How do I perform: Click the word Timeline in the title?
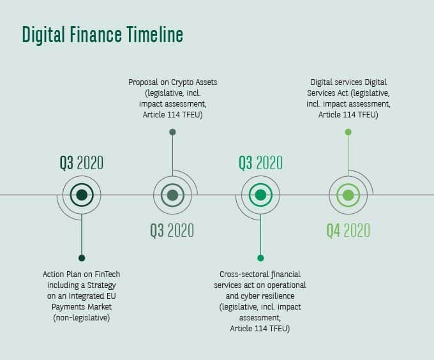pos(155,34)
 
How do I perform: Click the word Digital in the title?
pos(43,35)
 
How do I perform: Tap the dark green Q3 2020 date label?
pos(82,163)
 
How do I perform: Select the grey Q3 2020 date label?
pos(172,230)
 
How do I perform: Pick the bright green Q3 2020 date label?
pos(261,163)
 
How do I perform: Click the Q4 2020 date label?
pos(348,230)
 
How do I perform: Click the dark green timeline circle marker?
pos(82,195)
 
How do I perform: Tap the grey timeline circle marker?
pos(172,195)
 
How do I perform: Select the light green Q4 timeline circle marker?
pos(348,195)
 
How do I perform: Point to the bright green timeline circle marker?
pos(260,195)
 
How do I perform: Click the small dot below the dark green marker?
pos(82,258)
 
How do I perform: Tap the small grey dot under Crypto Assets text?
pos(172,132)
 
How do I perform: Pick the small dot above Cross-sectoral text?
pos(260,258)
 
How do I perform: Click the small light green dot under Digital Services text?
pos(348,132)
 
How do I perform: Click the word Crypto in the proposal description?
pos(182,82)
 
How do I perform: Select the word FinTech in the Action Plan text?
pos(107,274)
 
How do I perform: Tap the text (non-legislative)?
pos(82,318)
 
